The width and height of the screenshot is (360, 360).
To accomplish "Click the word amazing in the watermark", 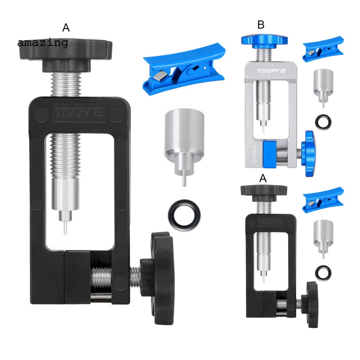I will tap(43, 43).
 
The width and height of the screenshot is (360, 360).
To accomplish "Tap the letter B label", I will tap(261, 25).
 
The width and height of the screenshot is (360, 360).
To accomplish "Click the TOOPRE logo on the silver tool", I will tap(271, 71).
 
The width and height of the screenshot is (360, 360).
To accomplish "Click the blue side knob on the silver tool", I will tap(310, 153).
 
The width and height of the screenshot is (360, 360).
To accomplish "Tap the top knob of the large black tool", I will tap(65, 53).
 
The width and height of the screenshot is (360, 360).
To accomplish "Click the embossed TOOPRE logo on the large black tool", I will tap(78, 113).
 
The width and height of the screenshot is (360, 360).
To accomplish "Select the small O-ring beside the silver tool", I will tap(323, 122).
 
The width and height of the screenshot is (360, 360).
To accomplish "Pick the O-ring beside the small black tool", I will tap(322, 272).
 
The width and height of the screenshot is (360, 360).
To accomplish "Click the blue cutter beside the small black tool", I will tap(322, 199).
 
